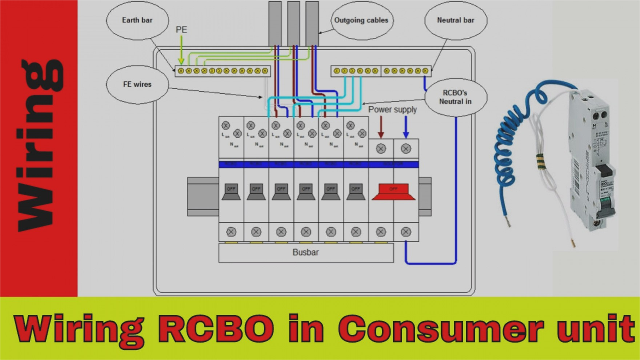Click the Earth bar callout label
pyautogui.click(x=137, y=20)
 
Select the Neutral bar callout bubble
pyautogui.click(x=455, y=20)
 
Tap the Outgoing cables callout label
pyautogui.click(x=361, y=20)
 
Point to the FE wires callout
pyautogui.click(x=137, y=84)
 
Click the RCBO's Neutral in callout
pyautogui.click(x=455, y=97)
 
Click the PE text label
pyautogui.click(x=181, y=30)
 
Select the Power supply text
pyautogui.click(x=392, y=109)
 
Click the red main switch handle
pyautogui.click(x=393, y=192)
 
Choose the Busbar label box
pyautogui.click(x=306, y=252)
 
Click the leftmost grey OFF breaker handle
pyautogui.click(x=231, y=192)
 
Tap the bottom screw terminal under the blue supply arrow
pyautogui.click(x=406, y=232)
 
